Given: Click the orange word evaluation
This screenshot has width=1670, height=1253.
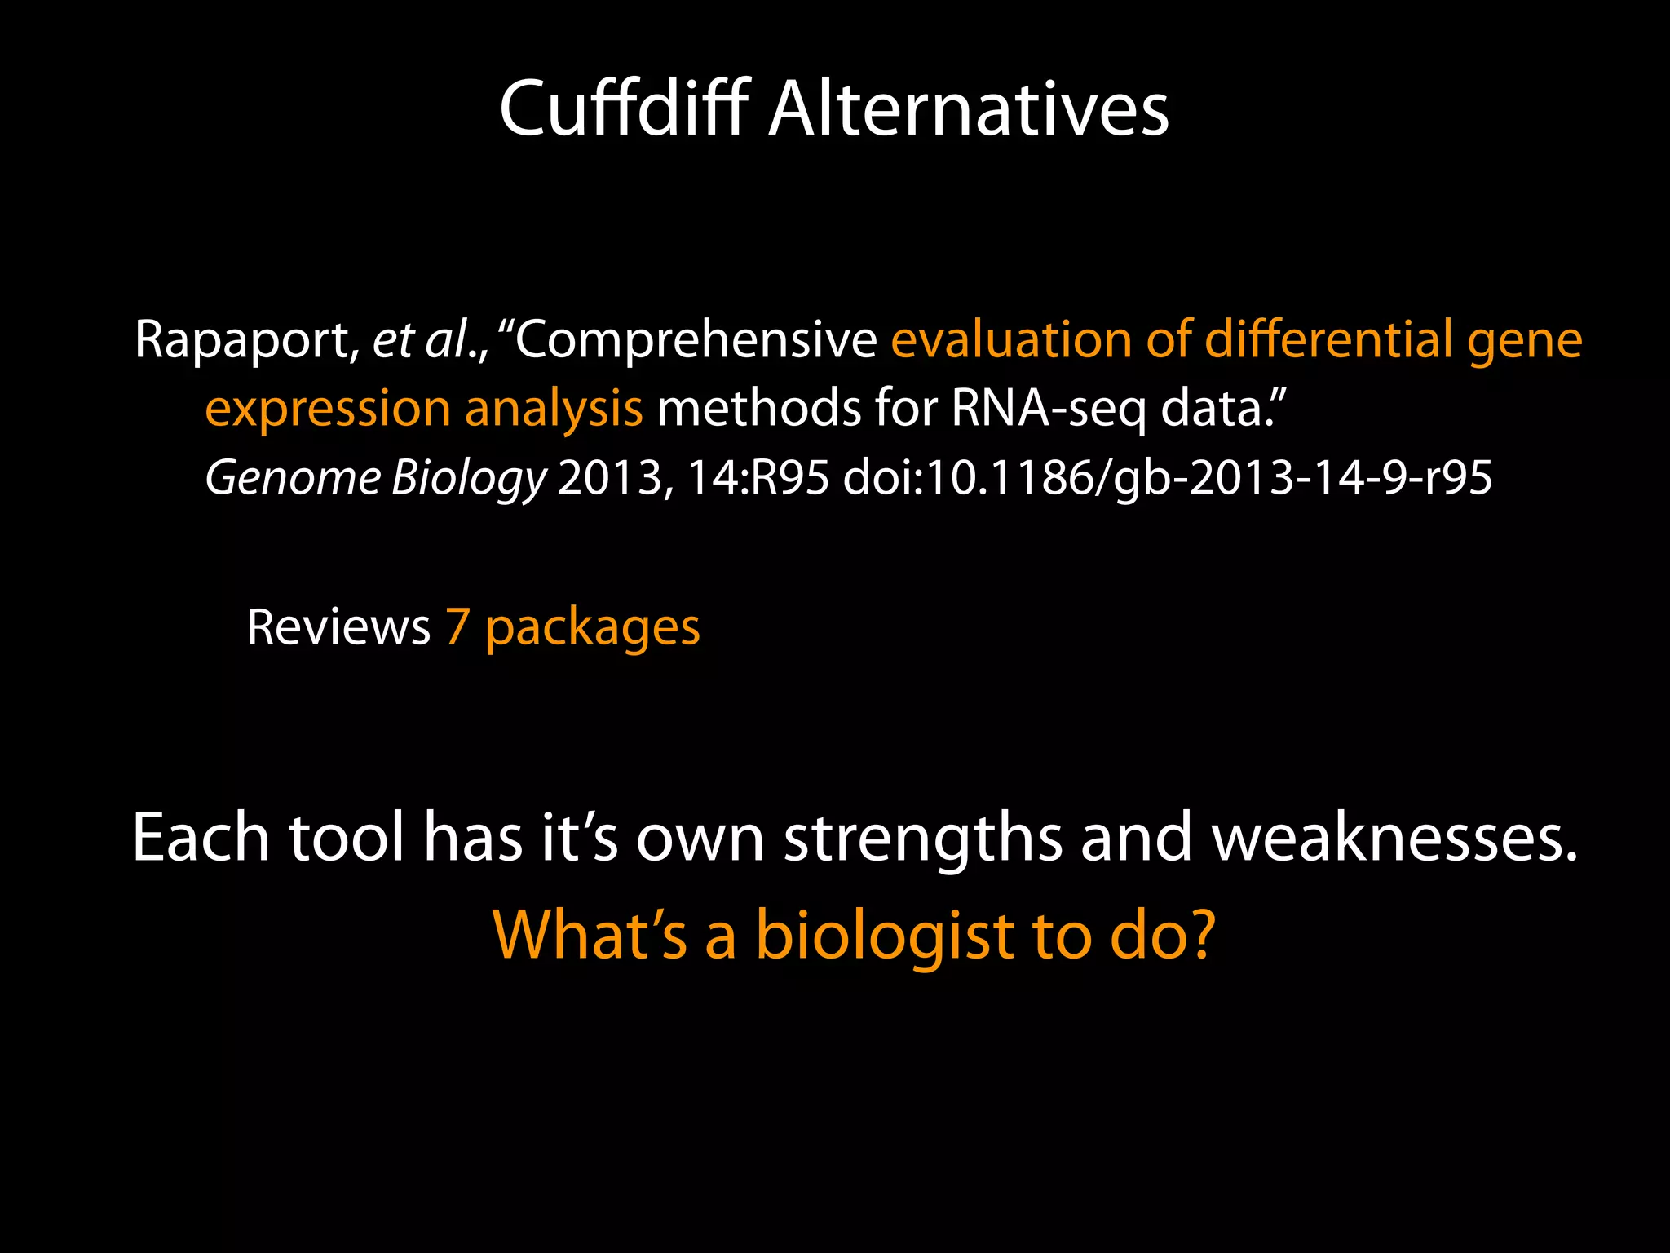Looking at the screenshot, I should (1011, 339).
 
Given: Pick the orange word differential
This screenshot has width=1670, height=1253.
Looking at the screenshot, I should (1328, 339).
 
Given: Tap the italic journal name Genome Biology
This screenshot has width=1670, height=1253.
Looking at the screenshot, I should (376, 478).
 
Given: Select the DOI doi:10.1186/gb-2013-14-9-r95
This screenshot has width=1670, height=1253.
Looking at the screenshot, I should (1167, 478).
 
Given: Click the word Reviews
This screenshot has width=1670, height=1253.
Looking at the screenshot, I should (338, 627).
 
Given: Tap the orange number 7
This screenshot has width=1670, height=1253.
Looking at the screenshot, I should (457, 627).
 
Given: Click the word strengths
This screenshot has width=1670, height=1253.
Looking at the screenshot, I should (923, 839).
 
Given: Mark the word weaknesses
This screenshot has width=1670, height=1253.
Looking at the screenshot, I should (1394, 839).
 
